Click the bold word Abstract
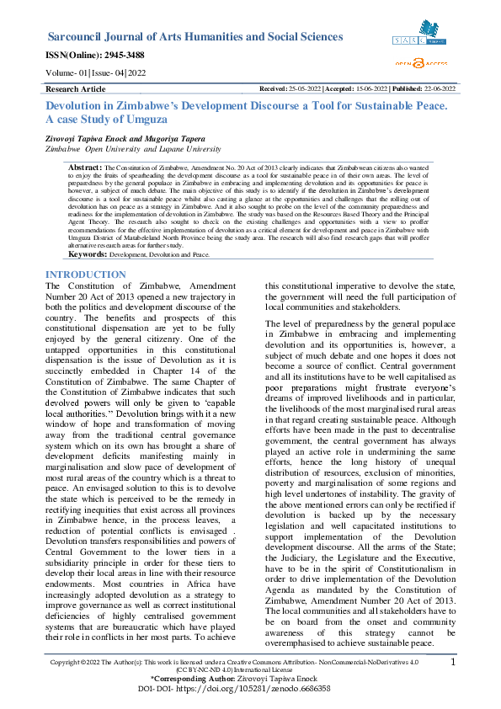(x=84, y=168)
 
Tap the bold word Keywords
(x=86, y=253)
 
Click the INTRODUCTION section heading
(x=85, y=275)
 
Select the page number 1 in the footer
(x=453, y=664)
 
